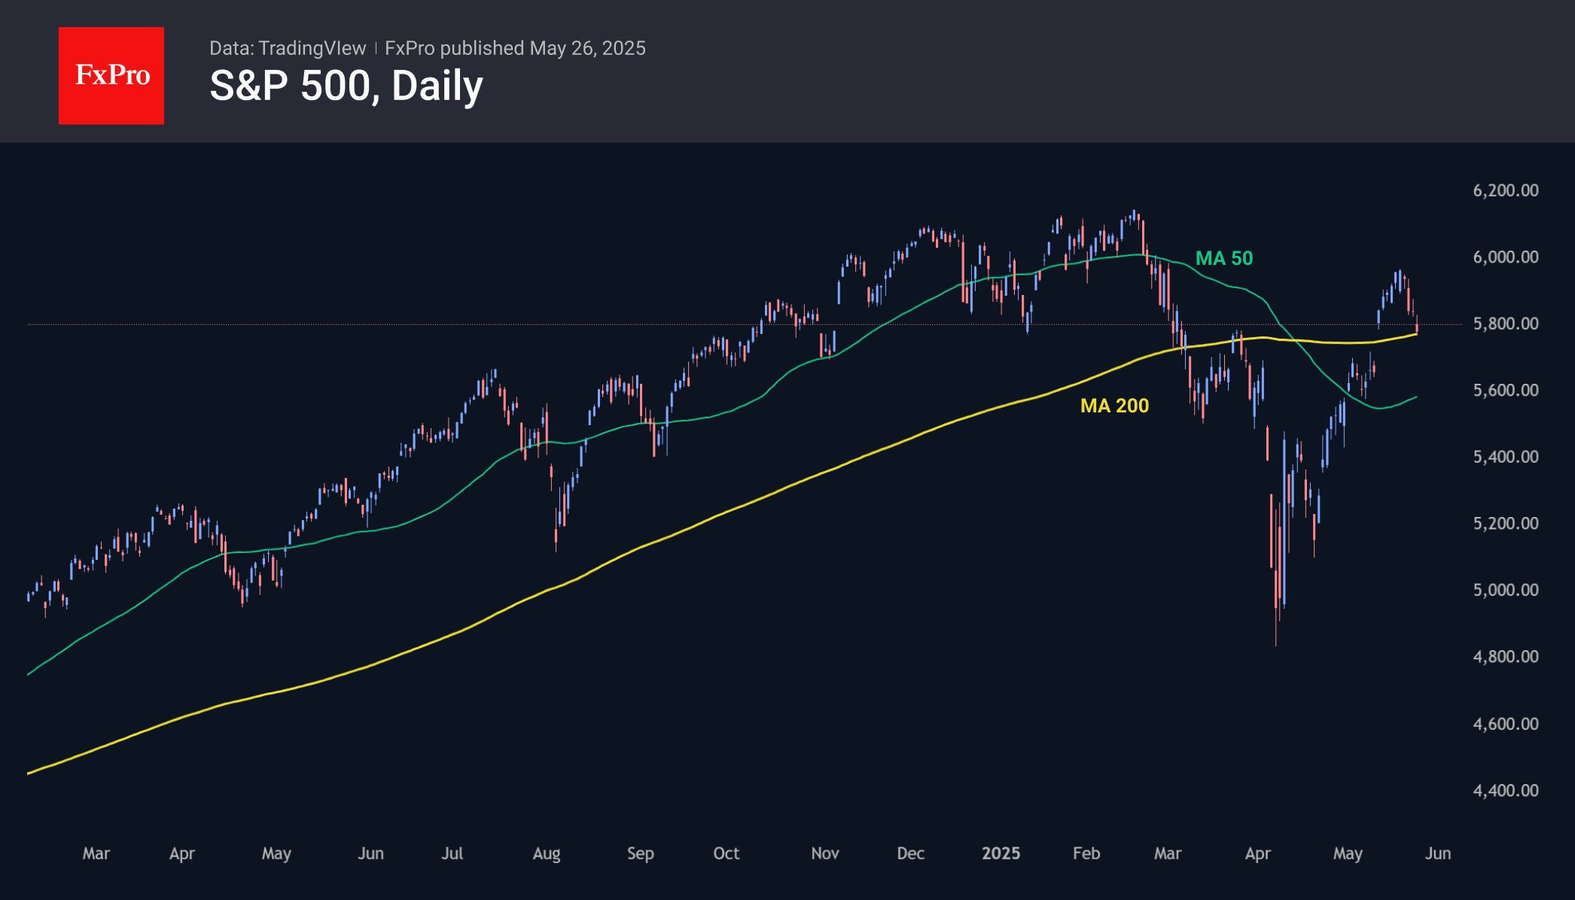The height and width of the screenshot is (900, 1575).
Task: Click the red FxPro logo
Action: (111, 75)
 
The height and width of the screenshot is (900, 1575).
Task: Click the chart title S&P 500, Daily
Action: (346, 86)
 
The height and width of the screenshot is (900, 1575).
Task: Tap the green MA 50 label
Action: (1224, 258)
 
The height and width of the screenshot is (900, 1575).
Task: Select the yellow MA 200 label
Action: (1114, 406)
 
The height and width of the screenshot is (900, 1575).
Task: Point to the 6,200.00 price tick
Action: (1506, 190)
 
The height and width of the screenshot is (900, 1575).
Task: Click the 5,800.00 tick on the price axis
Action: (1506, 324)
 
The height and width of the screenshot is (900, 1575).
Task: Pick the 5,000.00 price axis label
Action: (1506, 590)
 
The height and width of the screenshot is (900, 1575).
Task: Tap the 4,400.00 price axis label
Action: (1506, 790)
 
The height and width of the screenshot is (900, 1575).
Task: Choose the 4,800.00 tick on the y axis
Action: (1506, 656)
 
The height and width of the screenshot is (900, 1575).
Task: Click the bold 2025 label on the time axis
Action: (1001, 853)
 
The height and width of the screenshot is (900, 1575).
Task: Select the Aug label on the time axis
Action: (547, 853)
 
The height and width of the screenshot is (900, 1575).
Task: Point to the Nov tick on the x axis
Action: (825, 853)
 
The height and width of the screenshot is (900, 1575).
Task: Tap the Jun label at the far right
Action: (1438, 853)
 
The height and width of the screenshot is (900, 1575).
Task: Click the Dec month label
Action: (911, 853)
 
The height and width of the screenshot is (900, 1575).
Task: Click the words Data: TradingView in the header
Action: (288, 48)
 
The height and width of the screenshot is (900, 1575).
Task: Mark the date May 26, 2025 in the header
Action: (587, 48)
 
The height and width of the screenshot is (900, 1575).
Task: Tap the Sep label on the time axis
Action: (641, 853)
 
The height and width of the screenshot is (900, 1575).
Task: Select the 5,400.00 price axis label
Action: (1506, 457)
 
